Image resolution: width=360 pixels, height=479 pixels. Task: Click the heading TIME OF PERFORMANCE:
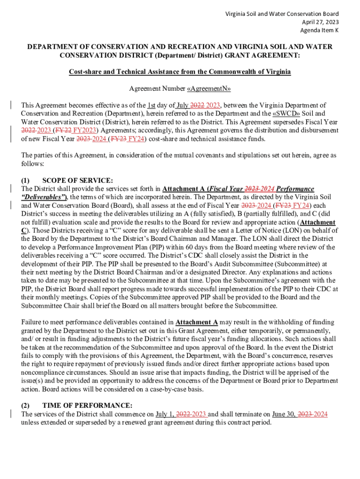click(x=87, y=405)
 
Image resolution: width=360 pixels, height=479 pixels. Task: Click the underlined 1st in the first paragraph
click(x=151, y=105)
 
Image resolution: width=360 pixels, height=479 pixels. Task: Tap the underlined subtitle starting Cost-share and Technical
click(x=180, y=72)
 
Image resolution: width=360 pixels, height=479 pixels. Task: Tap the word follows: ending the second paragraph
click(x=31, y=164)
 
